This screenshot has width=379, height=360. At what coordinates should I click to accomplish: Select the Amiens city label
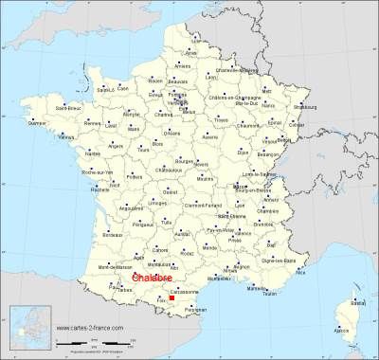tap(182, 65)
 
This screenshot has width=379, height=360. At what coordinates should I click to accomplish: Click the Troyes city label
tap(223, 121)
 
